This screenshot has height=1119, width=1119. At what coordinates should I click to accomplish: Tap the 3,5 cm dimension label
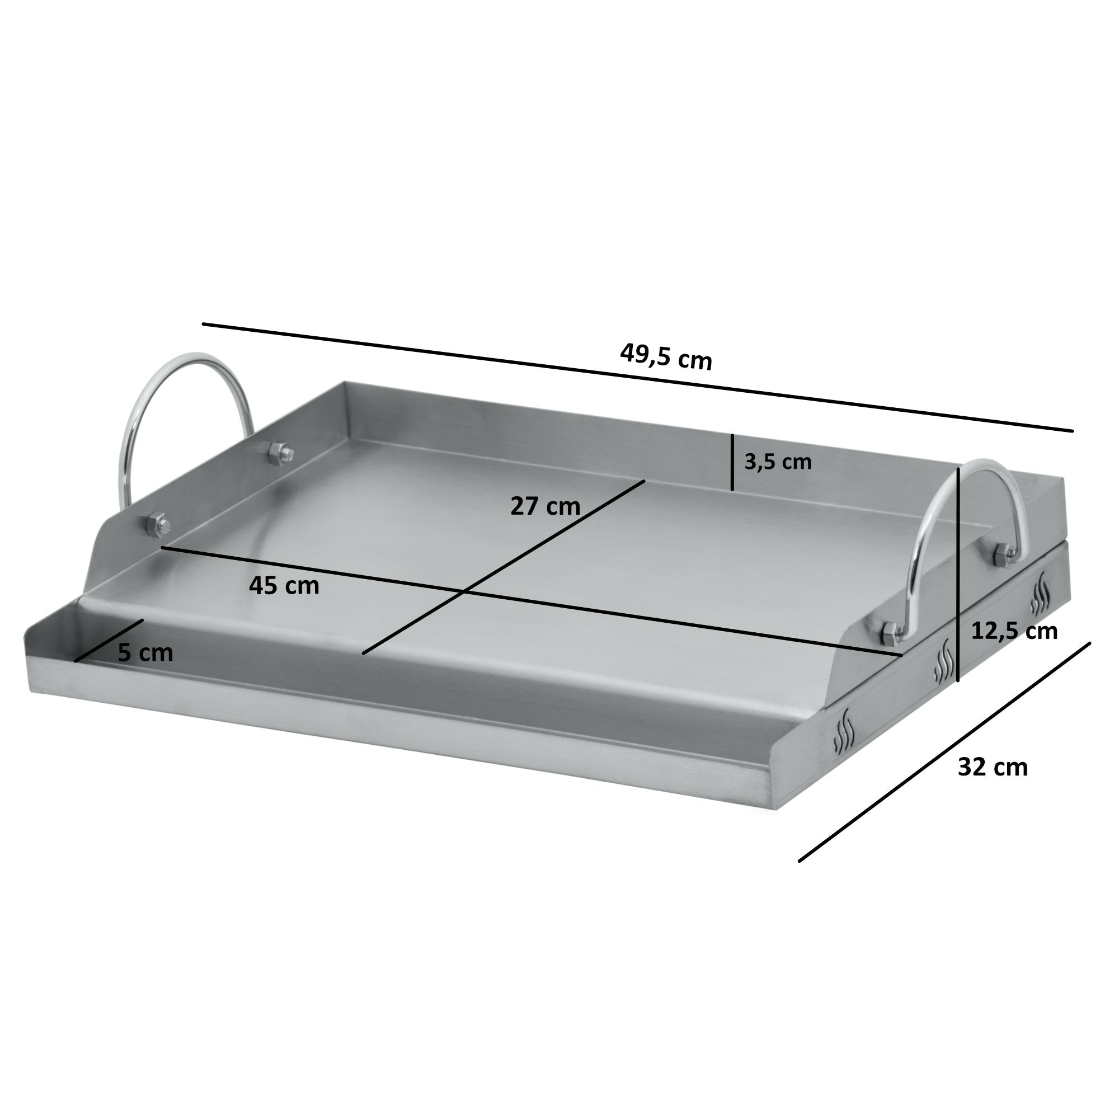click(x=778, y=462)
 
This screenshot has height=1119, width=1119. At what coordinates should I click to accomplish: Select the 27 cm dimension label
click(x=545, y=506)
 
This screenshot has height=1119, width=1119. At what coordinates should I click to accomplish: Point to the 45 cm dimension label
click(x=284, y=586)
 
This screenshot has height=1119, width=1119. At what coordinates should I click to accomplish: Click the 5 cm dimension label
click(x=145, y=653)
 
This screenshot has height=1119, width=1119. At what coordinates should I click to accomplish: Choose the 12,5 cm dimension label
click(x=1014, y=631)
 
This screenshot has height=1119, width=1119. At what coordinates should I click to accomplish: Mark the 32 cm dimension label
click(x=993, y=768)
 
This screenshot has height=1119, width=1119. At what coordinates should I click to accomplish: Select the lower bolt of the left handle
click(x=159, y=524)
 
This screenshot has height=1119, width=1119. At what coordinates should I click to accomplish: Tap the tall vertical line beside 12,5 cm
click(x=958, y=579)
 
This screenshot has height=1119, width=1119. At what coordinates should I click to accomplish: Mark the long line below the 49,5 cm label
click(x=637, y=377)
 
